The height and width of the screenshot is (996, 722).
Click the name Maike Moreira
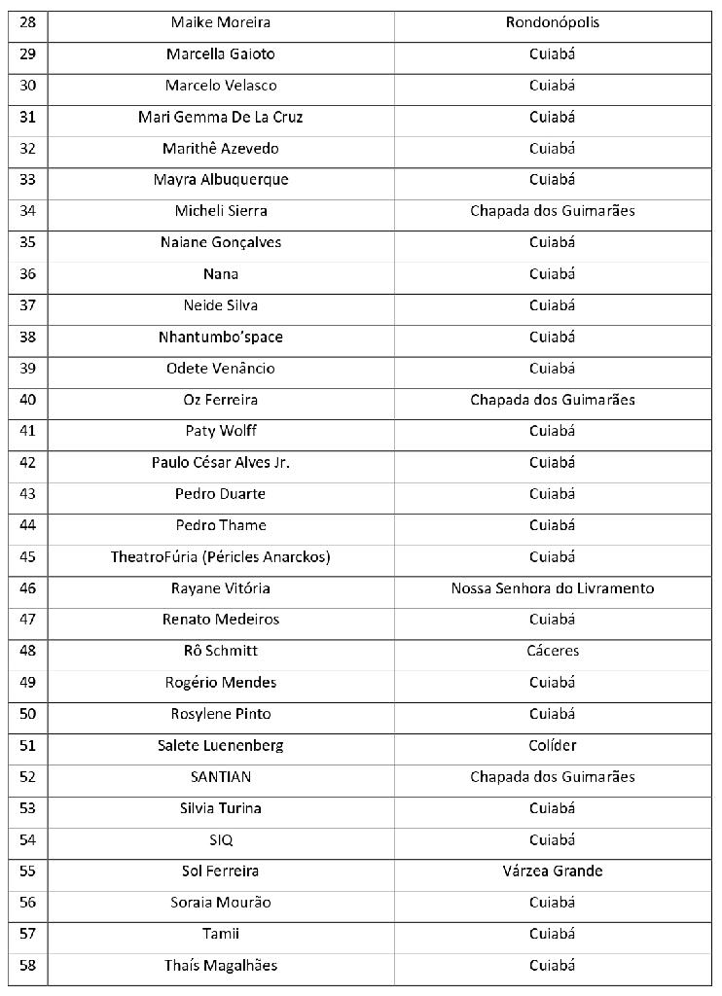pyautogui.click(x=221, y=22)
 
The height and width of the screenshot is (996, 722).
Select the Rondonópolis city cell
pyautogui.click(x=552, y=22)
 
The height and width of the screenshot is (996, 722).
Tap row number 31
pyautogui.click(x=27, y=118)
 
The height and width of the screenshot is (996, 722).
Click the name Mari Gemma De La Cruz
pyautogui.click(x=221, y=118)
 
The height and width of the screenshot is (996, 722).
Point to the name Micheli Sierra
pyautogui.click(x=221, y=211)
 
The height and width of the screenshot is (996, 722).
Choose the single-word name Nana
pyautogui.click(x=221, y=274)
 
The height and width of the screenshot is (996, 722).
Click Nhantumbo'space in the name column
pyautogui.click(x=221, y=338)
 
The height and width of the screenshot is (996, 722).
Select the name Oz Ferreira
pyautogui.click(x=221, y=400)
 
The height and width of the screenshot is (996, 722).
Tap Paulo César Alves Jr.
pyautogui.click(x=221, y=463)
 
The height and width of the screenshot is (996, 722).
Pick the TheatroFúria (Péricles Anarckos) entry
pyautogui.click(x=221, y=557)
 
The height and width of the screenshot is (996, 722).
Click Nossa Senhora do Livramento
pyautogui.click(x=552, y=588)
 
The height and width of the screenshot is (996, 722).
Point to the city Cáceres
pyautogui.click(x=552, y=651)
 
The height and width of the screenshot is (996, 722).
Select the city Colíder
pyautogui.click(x=552, y=746)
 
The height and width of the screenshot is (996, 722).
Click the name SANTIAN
pyautogui.click(x=221, y=777)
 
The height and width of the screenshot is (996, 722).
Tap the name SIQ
pyautogui.click(x=221, y=840)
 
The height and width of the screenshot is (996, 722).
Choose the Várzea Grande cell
pyautogui.click(x=552, y=871)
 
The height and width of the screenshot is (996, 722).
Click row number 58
pyautogui.click(x=27, y=966)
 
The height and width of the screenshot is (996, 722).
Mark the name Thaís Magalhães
pyautogui.click(x=221, y=966)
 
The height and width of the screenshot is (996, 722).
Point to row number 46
pyautogui.click(x=27, y=588)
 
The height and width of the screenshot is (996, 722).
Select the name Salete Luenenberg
pyautogui.click(x=221, y=746)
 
